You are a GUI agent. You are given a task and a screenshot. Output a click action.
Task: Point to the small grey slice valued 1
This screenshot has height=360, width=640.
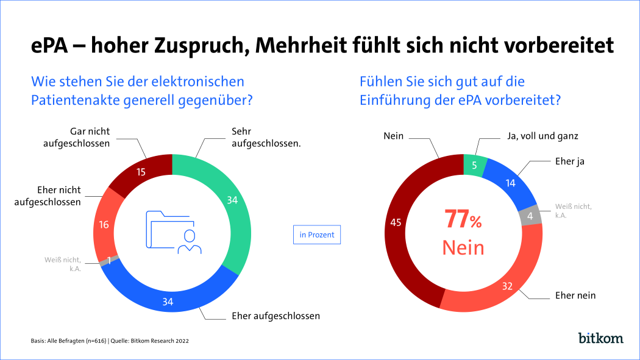pyautogui.click(x=108, y=261)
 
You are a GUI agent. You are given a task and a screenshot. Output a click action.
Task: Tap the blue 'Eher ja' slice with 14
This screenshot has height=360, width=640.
pyautogui.click(x=511, y=183)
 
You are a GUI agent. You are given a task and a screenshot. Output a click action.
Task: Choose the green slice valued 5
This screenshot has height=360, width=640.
pyautogui.click(x=475, y=165)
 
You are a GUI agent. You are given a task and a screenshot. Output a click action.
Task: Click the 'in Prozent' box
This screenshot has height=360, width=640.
pyautogui.click(x=316, y=235)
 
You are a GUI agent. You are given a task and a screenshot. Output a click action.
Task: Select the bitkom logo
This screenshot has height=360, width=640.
pyautogui.click(x=600, y=338)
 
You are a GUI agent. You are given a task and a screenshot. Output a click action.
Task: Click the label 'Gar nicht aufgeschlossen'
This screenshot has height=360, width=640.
pyautogui.click(x=76, y=137)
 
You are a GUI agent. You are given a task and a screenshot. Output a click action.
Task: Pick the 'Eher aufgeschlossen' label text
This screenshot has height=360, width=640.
pyautogui.click(x=276, y=316)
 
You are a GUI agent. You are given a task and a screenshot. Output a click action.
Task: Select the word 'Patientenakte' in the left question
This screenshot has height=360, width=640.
pyautogui.click(x=73, y=99)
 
